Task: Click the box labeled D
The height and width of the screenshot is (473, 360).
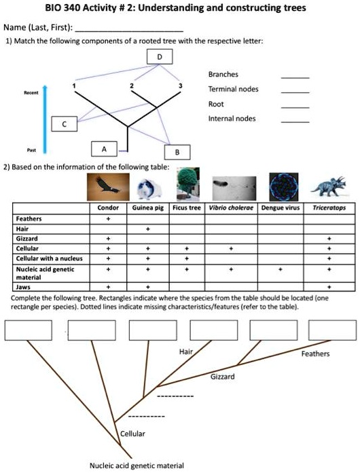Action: coord(159,57)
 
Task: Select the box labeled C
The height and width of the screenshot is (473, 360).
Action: coord(65,124)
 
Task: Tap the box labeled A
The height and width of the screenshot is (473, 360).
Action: coord(104,149)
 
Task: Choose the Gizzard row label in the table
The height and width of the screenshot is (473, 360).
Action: coord(28,239)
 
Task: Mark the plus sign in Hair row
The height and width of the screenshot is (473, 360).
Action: coord(147,229)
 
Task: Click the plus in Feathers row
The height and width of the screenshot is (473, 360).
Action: coord(108,219)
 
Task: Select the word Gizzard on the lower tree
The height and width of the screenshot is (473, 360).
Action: coord(222,376)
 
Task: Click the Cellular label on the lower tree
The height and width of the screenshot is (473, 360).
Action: coord(132,433)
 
